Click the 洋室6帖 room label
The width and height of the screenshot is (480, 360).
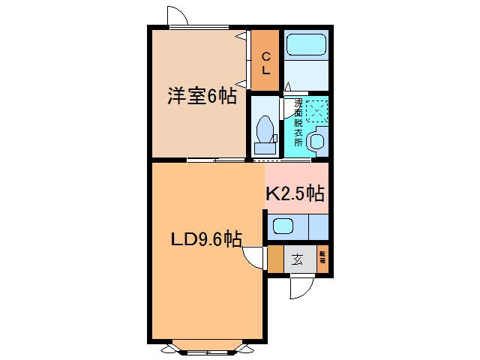201,96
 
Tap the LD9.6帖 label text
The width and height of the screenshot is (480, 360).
204,240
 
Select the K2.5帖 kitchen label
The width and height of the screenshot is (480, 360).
295,193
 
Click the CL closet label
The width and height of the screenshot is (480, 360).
265,62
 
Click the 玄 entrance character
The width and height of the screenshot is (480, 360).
297,260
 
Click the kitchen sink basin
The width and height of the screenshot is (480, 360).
283,225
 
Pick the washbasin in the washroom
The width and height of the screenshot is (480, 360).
317,139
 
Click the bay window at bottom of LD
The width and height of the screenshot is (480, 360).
204,348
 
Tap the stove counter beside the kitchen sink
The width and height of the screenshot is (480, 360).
318,226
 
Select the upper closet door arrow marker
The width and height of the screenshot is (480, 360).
241,34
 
